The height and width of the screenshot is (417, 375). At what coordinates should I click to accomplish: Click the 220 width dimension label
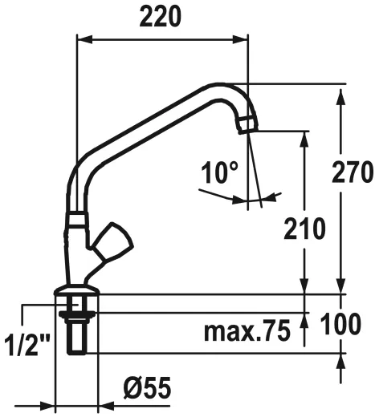(x=160, y=15)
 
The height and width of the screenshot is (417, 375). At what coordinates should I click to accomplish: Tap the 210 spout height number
(x=304, y=228)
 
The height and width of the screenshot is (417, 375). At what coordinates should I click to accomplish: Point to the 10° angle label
(x=220, y=171)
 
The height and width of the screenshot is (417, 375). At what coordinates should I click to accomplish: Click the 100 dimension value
(x=351, y=324)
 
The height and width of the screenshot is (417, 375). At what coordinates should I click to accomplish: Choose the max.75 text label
(x=246, y=330)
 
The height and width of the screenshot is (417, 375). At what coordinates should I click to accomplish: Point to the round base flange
(x=76, y=294)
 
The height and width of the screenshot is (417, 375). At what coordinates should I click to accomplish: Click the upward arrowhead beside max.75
(x=304, y=318)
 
